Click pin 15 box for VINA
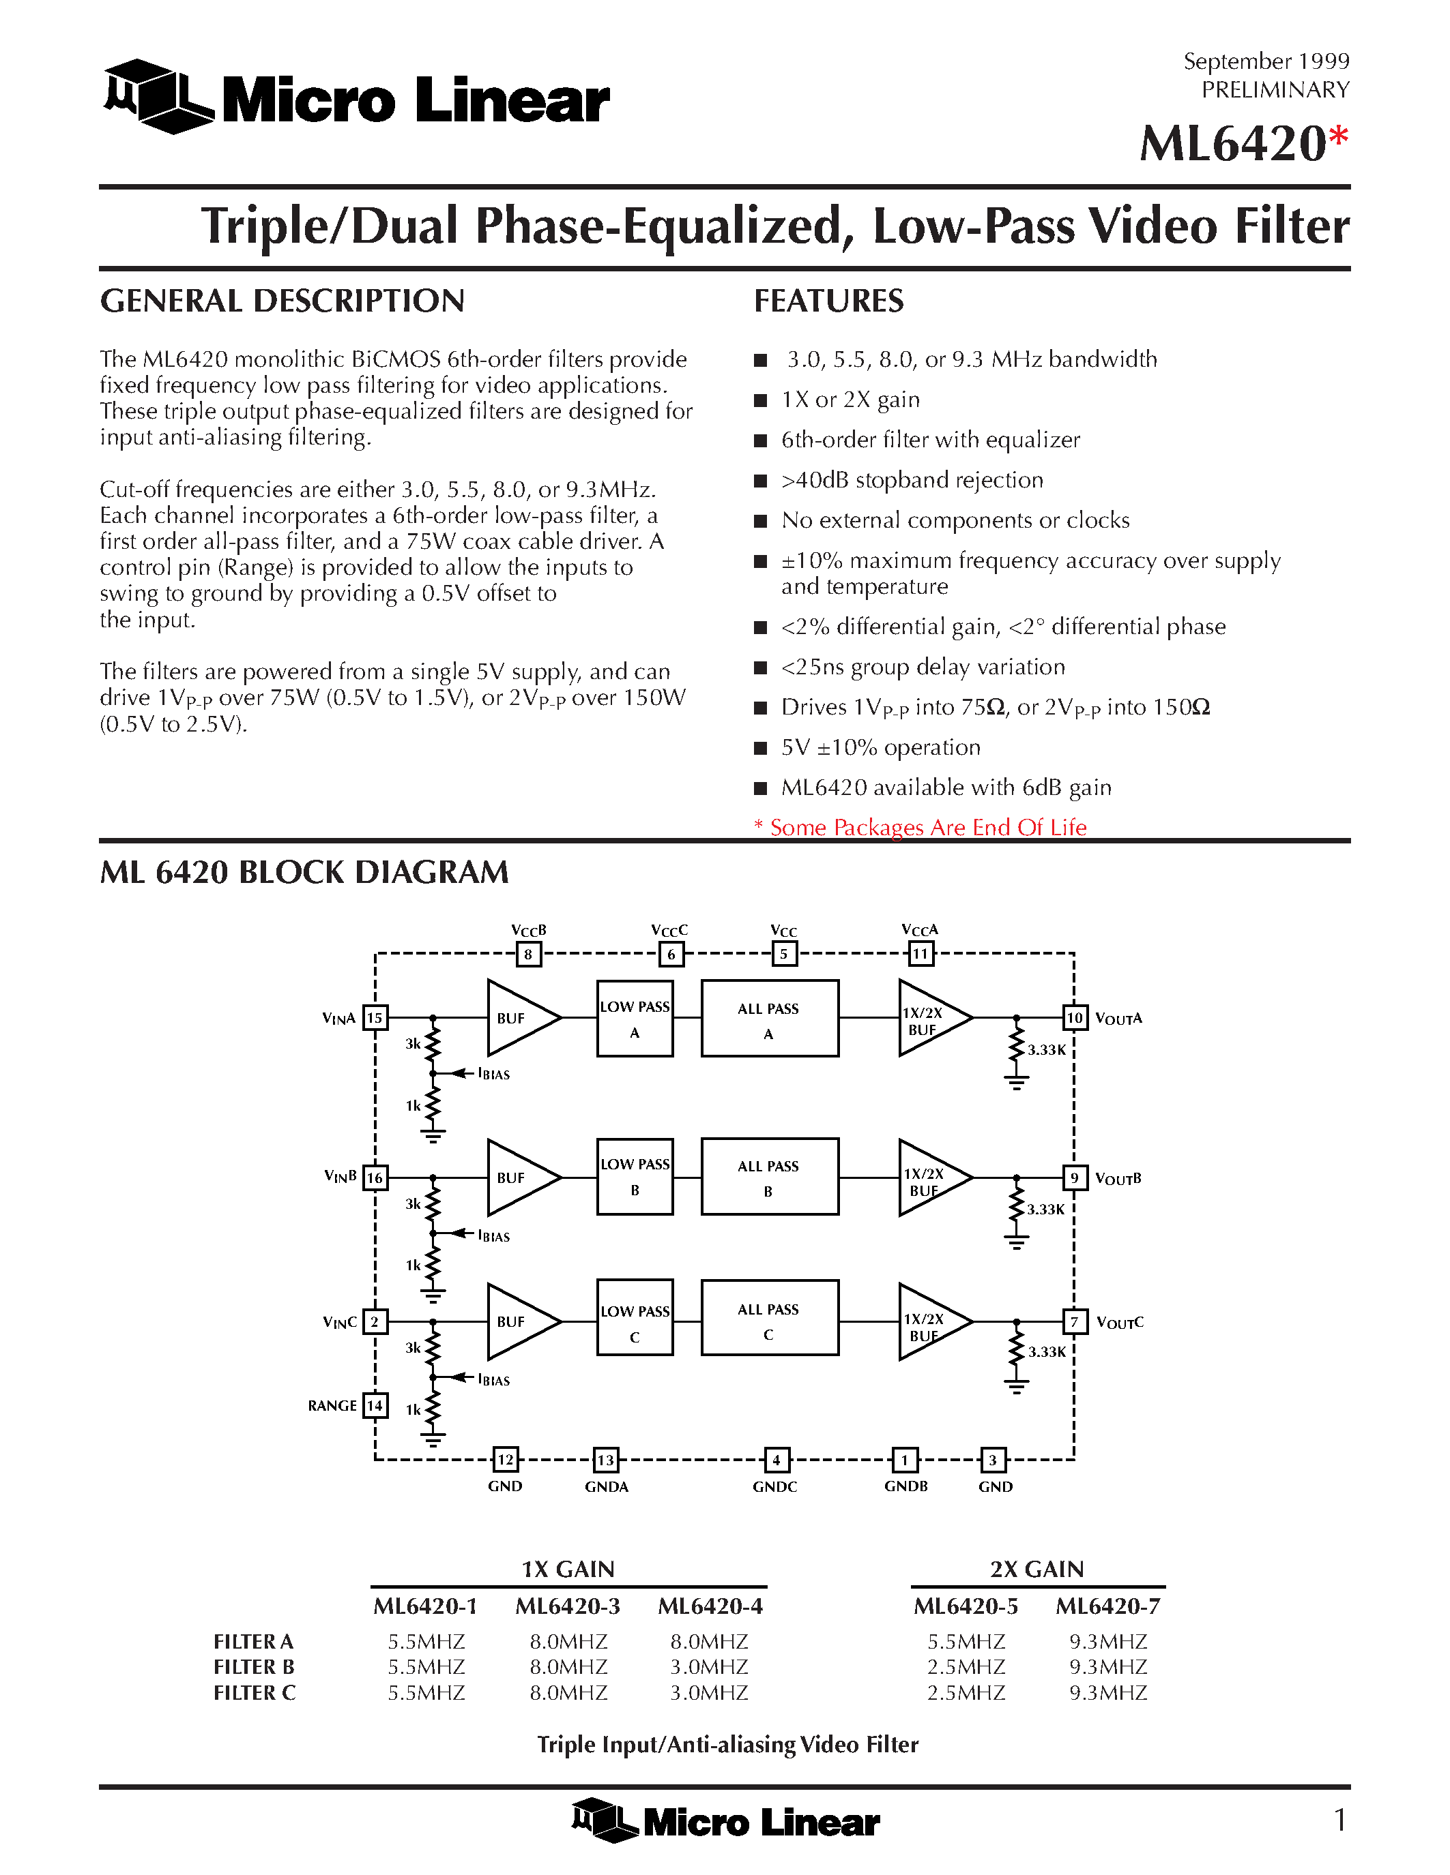coord(375,1017)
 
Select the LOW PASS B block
coord(635,1176)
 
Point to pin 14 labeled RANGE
coord(375,1405)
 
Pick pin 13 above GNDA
coord(606,1460)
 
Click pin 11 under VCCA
coord(920,953)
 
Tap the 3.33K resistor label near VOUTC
coord(1047,1351)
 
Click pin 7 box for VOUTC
coord(1075,1321)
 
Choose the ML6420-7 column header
coord(1107,1606)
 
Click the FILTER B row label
coord(255,1666)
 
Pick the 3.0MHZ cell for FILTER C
coord(709,1692)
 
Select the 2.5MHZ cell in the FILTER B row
coord(966,1666)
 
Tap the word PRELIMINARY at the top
coord(1275,89)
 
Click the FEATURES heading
coord(828,301)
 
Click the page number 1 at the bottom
coord(1339,1820)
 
